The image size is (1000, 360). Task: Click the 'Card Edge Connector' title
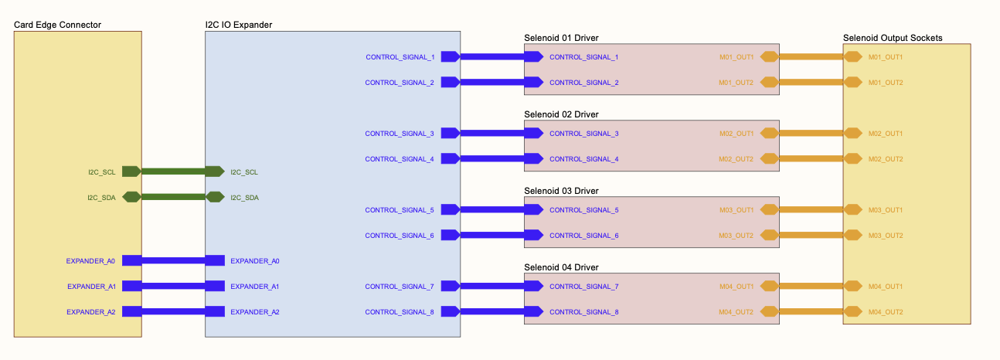[x=58, y=25]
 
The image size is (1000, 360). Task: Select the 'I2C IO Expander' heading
[x=238, y=25]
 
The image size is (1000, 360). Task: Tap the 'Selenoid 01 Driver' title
[x=561, y=38]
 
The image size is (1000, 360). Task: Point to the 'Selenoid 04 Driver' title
[x=561, y=267]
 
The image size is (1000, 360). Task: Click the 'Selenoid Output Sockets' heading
[x=893, y=38]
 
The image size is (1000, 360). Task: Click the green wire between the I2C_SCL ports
[x=174, y=172]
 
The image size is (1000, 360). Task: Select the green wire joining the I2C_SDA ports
[x=174, y=197]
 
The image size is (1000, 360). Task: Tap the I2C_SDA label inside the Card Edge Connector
[x=101, y=198]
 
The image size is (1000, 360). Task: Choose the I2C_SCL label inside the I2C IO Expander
[x=244, y=172]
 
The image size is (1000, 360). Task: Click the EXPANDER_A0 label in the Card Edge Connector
[x=91, y=261]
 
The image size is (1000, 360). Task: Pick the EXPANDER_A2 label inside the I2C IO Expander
[x=254, y=312]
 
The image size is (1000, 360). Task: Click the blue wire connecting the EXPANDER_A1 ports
[x=174, y=287]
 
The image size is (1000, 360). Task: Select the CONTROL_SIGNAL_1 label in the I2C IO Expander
[x=400, y=57]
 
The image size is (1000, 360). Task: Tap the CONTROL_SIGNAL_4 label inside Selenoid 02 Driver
[x=584, y=159]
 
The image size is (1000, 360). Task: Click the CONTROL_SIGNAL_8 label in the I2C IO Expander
[x=400, y=312]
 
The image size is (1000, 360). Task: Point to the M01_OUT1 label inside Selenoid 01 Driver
[x=736, y=57]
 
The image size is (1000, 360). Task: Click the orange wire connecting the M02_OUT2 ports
[x=811, y=159]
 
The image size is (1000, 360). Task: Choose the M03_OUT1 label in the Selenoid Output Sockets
[x=886, y=210]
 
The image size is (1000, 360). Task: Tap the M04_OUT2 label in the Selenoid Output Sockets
[x=886, y=312]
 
